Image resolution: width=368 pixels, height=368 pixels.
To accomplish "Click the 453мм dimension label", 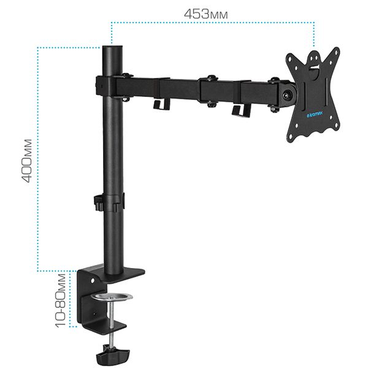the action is tap(205, 14).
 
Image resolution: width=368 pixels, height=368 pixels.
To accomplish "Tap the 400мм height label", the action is tap(27, 161).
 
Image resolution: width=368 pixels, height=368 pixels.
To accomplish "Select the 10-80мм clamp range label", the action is tap(61, 301).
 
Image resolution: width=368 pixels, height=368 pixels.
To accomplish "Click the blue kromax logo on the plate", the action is tap(315, 114).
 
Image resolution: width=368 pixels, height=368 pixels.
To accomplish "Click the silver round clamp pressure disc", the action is tap(112, 297).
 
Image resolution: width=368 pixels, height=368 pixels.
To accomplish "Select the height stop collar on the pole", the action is tap(109, 202).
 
